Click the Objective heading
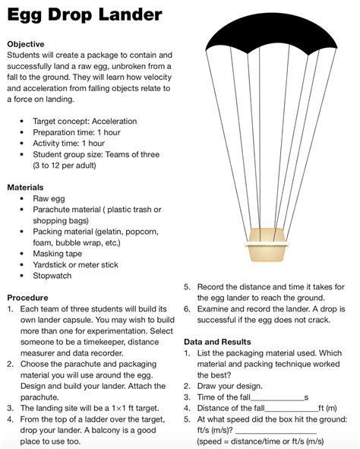click(25, 44)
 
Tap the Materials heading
click(25, 187)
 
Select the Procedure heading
click(27, 298)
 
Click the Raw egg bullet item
click(48, 198)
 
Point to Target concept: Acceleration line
click(84, 121)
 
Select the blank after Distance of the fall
click(292, 409)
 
